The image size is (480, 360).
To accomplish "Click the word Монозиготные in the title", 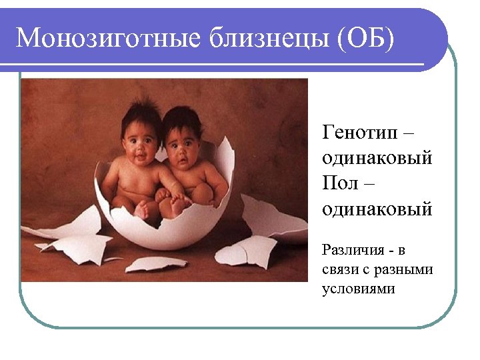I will [107, 38].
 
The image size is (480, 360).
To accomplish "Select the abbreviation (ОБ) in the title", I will [366, 38].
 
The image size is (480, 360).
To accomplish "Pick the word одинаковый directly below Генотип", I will [377, 158].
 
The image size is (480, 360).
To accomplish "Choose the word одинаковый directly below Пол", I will [377, 209].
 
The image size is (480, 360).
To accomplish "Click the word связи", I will [339, 270].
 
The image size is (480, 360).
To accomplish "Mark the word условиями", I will [358, 289].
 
